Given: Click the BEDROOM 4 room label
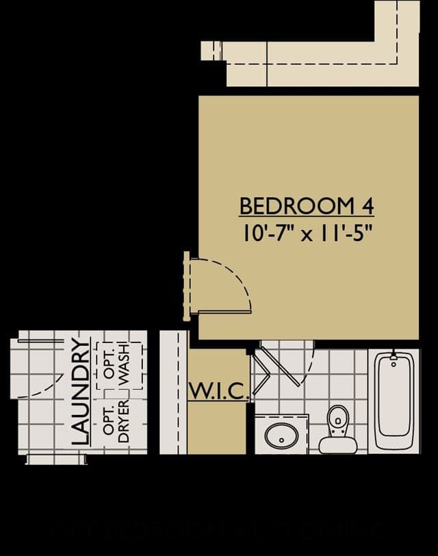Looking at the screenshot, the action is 307,206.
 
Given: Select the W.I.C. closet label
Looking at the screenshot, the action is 218,391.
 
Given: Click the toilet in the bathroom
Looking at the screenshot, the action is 337,430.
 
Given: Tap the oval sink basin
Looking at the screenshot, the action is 282,435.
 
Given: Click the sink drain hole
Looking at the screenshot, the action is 281,440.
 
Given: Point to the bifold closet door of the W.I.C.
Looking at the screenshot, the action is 261,372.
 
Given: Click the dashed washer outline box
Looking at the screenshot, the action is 119,365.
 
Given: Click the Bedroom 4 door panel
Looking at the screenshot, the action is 224,312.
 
